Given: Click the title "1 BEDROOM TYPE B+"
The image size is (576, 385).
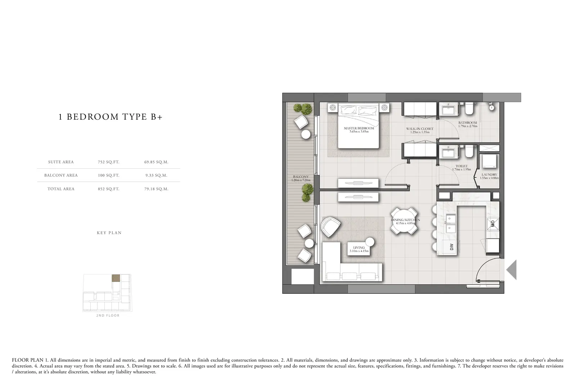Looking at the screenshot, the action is [x=111, y=117].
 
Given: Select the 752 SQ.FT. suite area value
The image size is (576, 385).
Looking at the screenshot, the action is [x=108, y=162].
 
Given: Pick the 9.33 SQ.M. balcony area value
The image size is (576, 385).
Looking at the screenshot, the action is [x=156, y=175].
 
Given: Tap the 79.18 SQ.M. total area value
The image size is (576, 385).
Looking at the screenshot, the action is [x=156, y=189].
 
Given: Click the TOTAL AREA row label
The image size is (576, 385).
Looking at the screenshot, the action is [x=61, y=189].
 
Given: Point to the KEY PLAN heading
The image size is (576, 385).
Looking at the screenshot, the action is [x=109, y=233].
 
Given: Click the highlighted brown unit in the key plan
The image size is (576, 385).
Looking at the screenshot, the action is [x=116, y=278].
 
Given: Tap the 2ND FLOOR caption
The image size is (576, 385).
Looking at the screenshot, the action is [x=108, y=315].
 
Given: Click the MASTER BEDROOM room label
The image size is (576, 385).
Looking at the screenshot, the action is [x=359, y=128].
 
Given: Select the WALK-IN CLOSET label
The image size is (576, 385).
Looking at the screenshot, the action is [x=420, y=129].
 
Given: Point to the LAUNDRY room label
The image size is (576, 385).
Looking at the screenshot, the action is [x=489, y=174].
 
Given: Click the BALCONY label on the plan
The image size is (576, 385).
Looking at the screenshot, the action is [x=301, y=177].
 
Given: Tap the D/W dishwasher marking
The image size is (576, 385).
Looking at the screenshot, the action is [x=451, y=247].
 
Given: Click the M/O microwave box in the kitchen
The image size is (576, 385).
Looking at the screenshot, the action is [x=493, y=224].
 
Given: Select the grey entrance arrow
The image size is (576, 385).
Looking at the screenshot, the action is [x=512, y=270].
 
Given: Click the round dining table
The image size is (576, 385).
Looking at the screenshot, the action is [x=404, y=221].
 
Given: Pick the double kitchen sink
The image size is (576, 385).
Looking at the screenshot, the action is [x=450, y=223].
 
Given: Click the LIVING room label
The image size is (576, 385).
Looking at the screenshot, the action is [x=359, y=248].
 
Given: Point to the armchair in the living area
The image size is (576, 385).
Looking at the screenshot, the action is [x=330, y=227].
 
